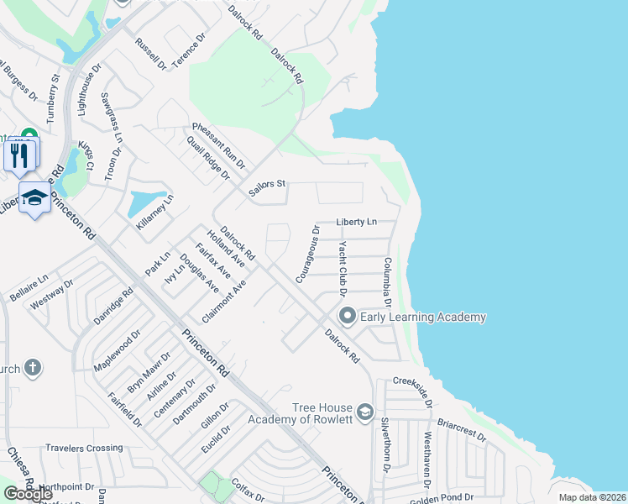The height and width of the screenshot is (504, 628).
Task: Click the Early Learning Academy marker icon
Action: click(x=348, y=317)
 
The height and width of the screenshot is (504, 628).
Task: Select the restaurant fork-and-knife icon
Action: click(x=21, y=155)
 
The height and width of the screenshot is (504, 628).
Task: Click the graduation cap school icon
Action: click(x=34, y=198)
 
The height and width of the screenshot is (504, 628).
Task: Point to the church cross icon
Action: click(x=32, y=367)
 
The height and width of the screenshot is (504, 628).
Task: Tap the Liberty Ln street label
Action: click(x=356, y=222)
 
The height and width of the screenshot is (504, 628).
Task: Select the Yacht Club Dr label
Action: click(x=342, y=269)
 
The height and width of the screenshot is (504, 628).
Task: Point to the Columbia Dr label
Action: click(x=389, y=283)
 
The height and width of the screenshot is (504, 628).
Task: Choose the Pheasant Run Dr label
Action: click(x=218, y=143)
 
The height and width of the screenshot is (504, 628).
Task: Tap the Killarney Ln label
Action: click(x=154, y=214)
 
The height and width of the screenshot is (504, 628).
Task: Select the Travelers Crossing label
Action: click(x=84, y=448)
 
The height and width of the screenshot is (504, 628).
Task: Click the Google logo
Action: click(x=28, y=494)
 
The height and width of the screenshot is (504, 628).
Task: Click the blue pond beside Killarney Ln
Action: click(x=143, y=202)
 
